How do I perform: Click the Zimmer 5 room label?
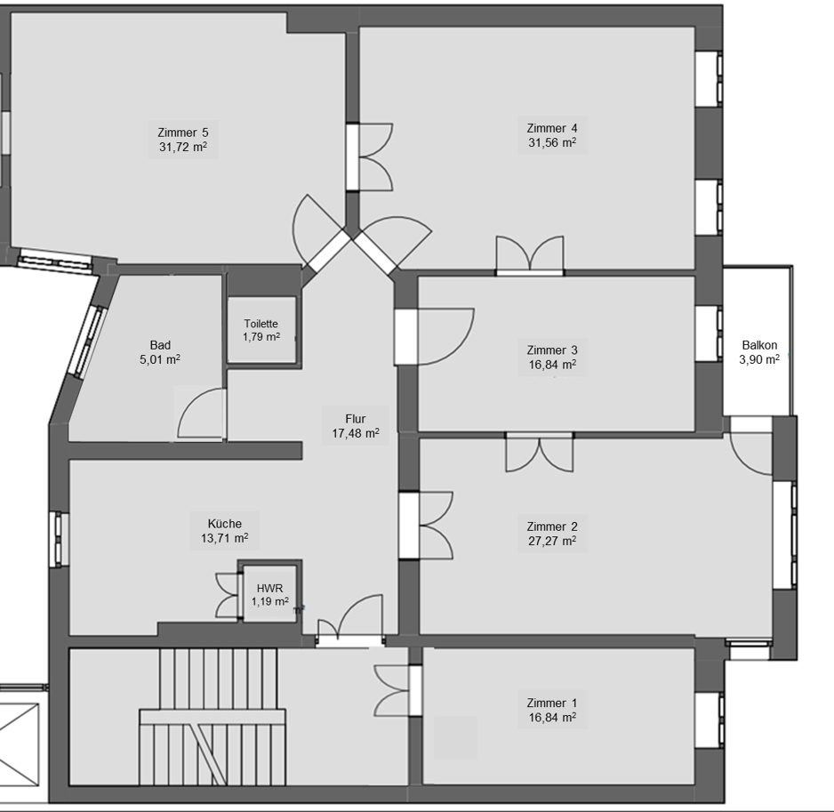click(183, 133)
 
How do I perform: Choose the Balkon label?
click(759, 345)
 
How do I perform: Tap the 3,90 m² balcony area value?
click(759, 359)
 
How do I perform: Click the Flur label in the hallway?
click(356, 419)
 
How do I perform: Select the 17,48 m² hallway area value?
click(356, 433)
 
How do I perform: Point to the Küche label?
click(225, 524)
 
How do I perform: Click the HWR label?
click(269, 588)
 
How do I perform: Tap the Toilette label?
click(261, 324)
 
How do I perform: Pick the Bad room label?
click(160, 345)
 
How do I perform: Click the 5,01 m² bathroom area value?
click(160, 359)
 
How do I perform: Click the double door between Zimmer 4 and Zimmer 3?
click(530, 254)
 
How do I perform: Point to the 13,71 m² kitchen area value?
click(225, 538)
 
